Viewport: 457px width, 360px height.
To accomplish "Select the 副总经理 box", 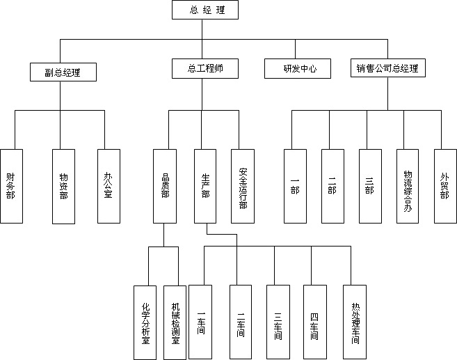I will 62,71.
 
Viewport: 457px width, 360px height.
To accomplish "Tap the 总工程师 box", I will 204,68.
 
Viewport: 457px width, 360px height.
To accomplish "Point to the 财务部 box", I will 10,186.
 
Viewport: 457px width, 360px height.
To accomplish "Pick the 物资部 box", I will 63,186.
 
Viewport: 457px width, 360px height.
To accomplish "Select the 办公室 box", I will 108,186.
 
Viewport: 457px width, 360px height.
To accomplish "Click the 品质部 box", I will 165,186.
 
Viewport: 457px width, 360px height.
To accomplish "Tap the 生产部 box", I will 205,186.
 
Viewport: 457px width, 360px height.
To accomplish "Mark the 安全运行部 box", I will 243,186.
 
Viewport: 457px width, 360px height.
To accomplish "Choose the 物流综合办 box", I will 408,186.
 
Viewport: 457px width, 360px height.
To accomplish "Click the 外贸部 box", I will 444,186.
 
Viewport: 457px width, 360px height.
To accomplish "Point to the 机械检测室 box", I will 175,322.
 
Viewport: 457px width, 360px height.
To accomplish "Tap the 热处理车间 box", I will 355,322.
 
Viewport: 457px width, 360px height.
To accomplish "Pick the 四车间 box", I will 314,322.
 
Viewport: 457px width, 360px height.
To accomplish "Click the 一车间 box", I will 201,322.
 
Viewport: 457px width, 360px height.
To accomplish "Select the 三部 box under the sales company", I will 369,186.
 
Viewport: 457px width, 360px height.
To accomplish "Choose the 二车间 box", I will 240,322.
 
